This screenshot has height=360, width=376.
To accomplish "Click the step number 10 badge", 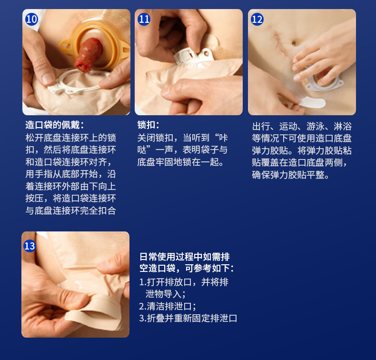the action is (x=31, y=19).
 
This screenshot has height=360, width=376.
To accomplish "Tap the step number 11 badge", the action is (x=144, y=19).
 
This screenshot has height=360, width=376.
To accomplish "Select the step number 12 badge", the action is (x=257, y=19).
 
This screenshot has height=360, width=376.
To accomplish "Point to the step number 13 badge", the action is (x=30, y=246).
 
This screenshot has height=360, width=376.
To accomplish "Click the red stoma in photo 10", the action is (x=88, y=55).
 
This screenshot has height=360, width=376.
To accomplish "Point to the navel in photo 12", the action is (x=294, y=43).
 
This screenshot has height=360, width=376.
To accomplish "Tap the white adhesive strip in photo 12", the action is (x=312, y=102).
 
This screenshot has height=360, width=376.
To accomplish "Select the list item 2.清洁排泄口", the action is (x=168, y=306).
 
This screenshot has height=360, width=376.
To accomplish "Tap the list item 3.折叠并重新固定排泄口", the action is (x=188, y=318).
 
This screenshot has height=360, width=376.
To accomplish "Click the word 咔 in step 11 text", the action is (x=224, y=138).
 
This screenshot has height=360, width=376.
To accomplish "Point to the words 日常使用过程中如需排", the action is (x=185, y=257).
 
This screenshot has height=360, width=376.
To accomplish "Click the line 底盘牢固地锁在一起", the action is (x=180, y=162).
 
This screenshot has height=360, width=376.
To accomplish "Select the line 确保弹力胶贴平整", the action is (x=290, y=175).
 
